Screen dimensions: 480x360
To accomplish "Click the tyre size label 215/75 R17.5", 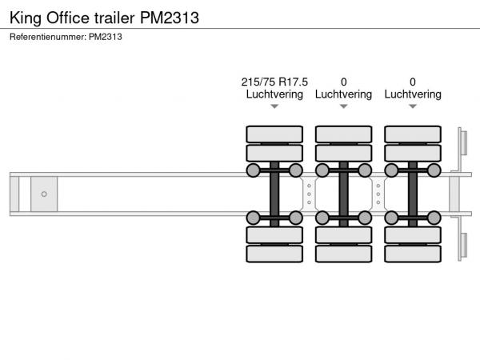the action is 274,82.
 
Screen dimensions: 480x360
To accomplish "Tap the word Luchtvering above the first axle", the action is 274,94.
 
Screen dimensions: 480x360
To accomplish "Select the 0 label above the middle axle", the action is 344,82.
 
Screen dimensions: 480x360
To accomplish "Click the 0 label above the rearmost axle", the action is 413,82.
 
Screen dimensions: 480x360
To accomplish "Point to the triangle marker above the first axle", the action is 274,106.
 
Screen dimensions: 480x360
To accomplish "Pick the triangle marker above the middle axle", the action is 344,106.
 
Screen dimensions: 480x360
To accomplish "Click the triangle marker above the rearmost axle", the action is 413,106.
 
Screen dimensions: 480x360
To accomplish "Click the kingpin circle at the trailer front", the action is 44,194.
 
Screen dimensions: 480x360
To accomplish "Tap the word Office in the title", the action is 68,18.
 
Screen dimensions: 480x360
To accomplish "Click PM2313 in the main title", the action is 170,18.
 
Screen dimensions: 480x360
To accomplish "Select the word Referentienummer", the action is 48,37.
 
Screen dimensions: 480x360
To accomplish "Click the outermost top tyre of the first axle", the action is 274,134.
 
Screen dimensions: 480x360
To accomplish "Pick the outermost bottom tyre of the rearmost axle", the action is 413,254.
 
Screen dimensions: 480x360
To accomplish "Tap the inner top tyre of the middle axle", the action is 344,153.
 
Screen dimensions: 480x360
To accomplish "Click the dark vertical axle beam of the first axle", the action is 274,194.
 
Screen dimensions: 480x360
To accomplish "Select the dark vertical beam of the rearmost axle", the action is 413,194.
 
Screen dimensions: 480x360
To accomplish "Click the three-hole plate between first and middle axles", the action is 309,194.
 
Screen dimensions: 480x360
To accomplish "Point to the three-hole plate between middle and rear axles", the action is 378,194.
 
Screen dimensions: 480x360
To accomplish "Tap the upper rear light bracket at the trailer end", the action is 462,142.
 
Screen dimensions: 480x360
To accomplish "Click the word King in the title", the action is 26,18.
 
